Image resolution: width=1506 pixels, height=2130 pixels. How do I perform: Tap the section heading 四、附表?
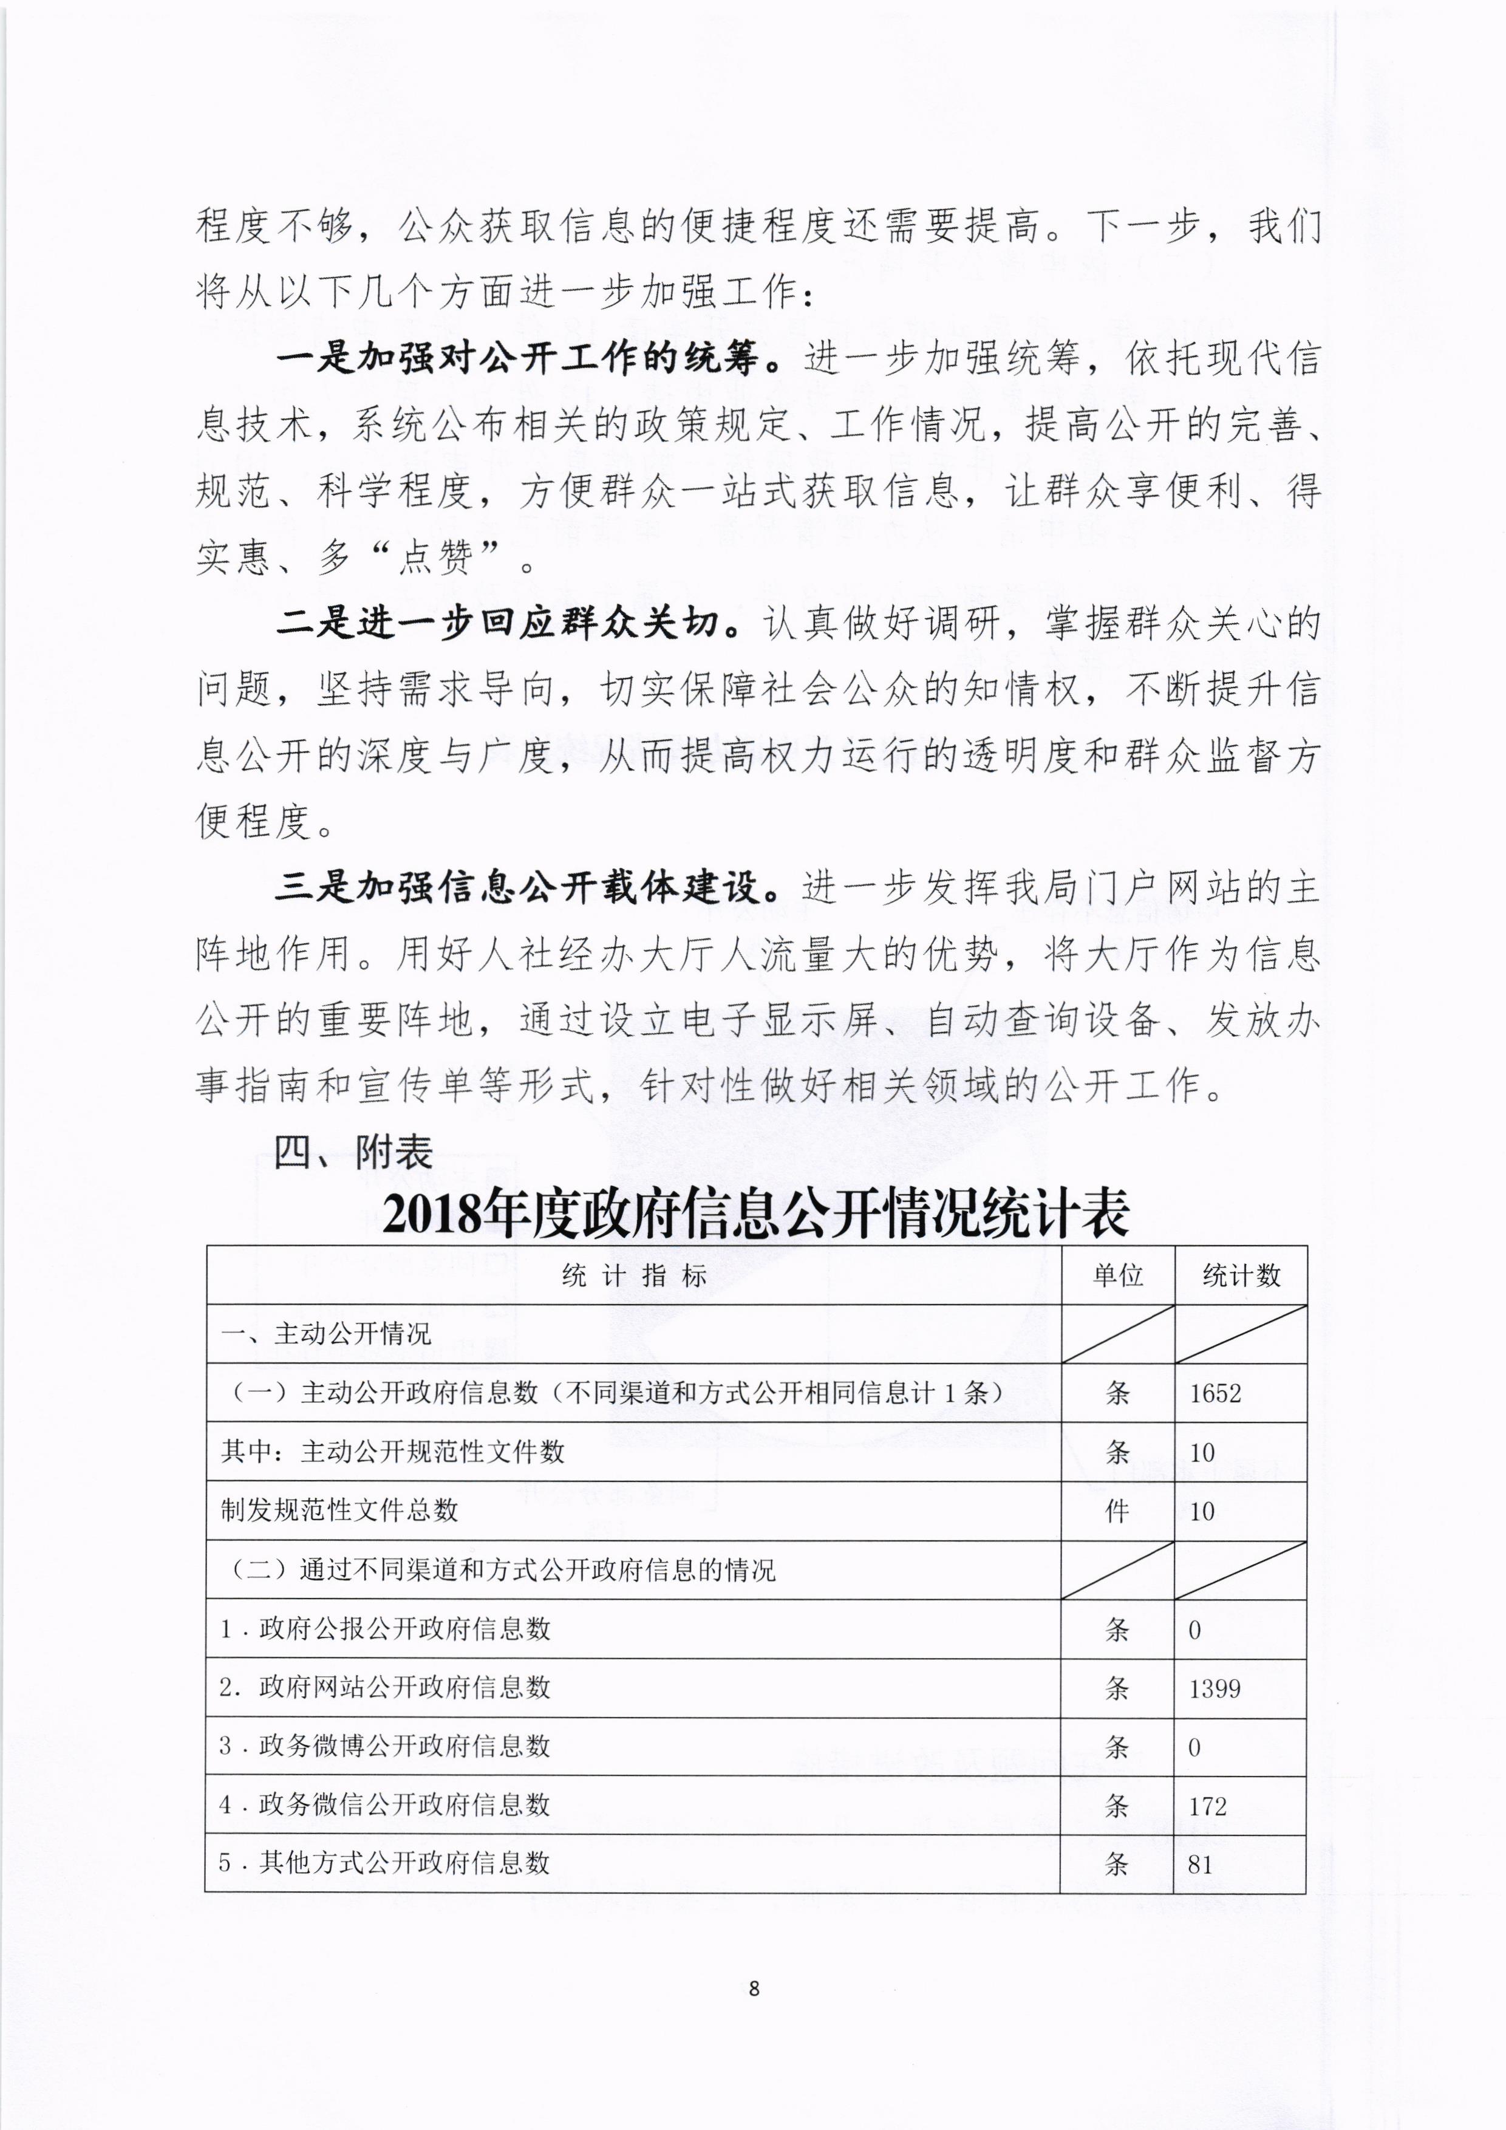pos(353,1152)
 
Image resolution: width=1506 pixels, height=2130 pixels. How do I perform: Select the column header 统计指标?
pos(633,1277)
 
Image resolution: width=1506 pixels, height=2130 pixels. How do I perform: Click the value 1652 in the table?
pos(1214,1393)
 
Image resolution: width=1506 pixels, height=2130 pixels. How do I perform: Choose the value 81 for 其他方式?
pos(1200,1865)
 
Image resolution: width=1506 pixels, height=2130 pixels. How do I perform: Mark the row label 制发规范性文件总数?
pos(339,1510)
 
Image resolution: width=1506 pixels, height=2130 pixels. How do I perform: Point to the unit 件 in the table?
pos(1117,1511)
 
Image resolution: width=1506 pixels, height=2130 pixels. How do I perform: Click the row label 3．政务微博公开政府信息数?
pos(385,1746)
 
